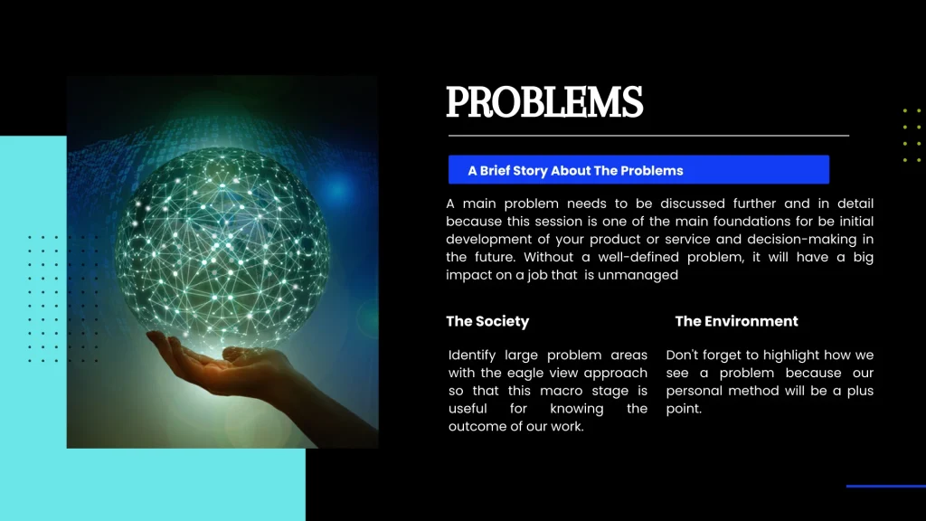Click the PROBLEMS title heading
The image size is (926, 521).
pos(544,102)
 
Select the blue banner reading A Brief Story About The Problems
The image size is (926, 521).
pos(638,170)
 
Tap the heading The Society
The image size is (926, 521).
pos(487,321)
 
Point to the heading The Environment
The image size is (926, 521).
pos(736,321)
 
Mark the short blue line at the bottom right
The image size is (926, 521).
pos(885,487)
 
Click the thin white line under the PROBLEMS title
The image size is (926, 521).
pos(648,136)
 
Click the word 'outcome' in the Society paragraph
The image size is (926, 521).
pos(477,426)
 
